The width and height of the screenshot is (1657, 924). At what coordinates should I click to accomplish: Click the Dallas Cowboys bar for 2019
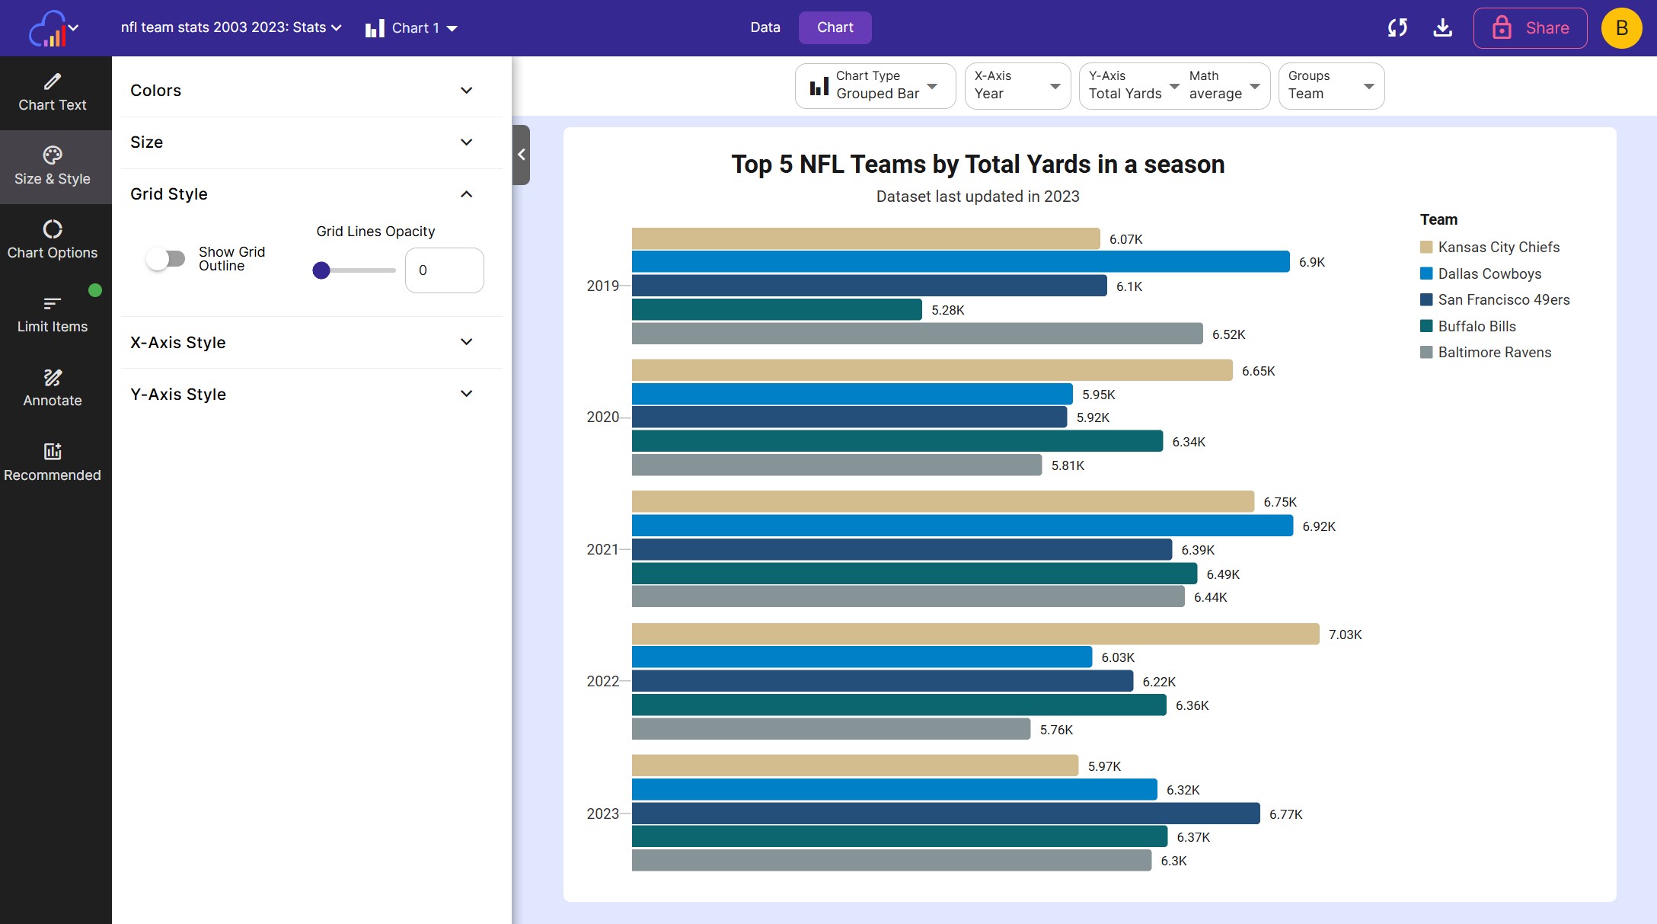point(960,262)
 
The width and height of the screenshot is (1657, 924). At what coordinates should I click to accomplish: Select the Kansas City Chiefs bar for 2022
point(975,634)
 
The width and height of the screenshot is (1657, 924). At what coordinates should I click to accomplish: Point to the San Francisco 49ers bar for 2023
point(946,814)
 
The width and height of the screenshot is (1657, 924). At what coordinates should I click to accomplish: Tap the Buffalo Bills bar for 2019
point(777,309)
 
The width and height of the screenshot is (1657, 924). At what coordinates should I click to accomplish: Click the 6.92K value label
point(1319,526)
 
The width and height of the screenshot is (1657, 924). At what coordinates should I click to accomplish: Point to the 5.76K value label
point(1056,730)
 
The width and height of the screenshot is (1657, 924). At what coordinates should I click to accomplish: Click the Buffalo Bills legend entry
point(1468,326)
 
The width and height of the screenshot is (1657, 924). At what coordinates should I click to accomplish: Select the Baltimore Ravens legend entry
point(1486,352)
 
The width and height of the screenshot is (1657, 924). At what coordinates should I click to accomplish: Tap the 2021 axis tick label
point(602,549)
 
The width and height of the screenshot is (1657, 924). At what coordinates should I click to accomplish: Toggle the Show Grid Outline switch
point(166,259)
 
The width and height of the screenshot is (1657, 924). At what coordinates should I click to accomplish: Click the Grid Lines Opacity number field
point(445,270)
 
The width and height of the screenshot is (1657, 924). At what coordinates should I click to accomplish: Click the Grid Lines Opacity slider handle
point(321,270)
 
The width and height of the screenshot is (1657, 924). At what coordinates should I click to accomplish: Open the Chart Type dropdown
point(875,86)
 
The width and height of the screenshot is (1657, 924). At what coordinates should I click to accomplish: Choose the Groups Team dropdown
point(1331,86)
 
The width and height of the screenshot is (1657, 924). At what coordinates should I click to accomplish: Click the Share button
point(1531,28)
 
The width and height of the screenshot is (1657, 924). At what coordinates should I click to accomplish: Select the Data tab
point(765,27)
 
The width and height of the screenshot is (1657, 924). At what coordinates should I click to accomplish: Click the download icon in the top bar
point(1442,28)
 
